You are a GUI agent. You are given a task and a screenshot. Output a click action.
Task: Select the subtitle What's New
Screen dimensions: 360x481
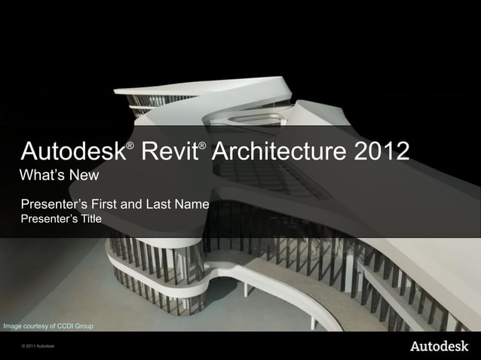[60, 176]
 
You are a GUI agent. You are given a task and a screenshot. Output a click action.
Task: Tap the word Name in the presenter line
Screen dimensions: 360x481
[191, 203]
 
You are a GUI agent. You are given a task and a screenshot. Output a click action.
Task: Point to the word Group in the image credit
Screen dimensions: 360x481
[84, 326]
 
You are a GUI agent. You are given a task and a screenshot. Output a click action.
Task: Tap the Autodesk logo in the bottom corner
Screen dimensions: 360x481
[437, 346]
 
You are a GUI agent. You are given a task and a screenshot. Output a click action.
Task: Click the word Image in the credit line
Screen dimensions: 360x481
[12, 326]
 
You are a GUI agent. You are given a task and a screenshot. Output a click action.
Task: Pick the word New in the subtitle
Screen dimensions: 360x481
[84, 176]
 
